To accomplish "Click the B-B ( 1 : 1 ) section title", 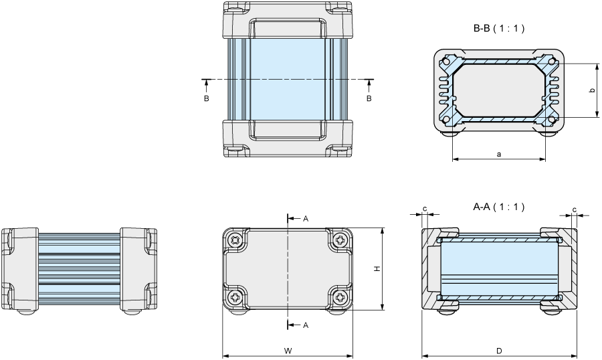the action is [499, 28].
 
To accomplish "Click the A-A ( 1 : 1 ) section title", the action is [499, 207].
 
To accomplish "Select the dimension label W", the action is [288, 351].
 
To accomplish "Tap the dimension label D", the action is [499, 351].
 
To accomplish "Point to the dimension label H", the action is [377, 269].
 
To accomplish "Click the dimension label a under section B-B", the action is [499, 155].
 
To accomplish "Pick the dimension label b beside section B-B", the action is [593, 90].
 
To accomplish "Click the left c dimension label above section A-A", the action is [425, 209].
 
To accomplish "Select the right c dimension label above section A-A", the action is [575, 209].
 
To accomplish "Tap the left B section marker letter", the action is [207, 99].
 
